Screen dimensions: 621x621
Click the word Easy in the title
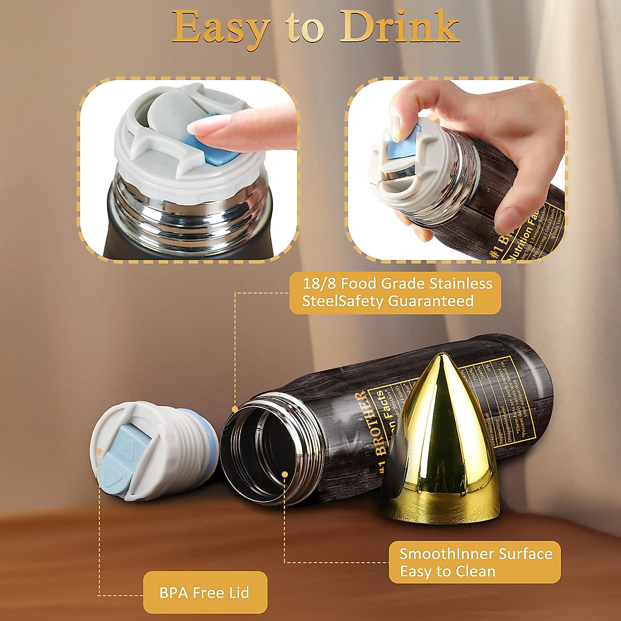click(221, 27)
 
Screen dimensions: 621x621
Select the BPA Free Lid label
click(204, 593)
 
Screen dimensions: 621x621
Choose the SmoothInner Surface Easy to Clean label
click(475, 563)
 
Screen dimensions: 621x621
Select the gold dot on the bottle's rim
click(235, 409)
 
